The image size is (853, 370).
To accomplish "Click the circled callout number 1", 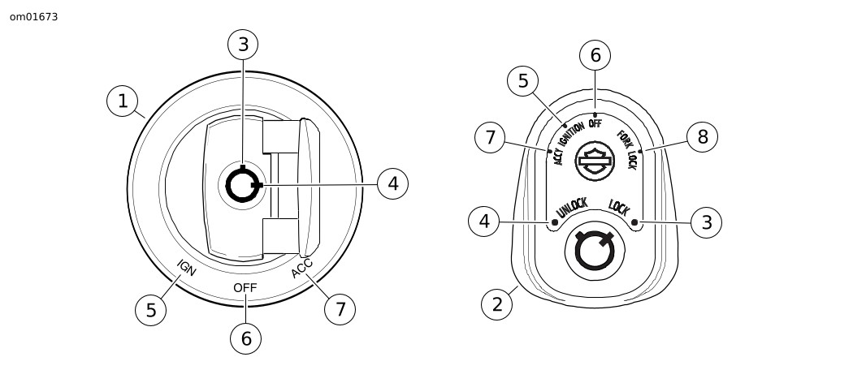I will tap(123, 101).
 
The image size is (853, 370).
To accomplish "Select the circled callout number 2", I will tap(496, 304).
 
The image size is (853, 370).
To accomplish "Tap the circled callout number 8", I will tap(703, 137).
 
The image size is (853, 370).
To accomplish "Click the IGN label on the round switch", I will tap(186, 269).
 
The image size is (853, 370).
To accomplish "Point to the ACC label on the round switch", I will tap(302, 268).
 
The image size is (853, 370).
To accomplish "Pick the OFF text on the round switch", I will tap(245, 288).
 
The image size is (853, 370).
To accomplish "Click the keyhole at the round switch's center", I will tap(243, 186).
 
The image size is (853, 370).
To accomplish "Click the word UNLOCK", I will tap(571, 209).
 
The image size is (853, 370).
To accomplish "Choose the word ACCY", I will tap(559, 153).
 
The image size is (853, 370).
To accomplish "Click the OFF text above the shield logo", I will tap(595, 123).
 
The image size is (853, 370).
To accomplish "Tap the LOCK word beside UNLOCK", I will tap(619, 208).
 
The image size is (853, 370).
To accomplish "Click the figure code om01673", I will tap(33, 16).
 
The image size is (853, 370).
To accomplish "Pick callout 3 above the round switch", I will tap(243, 45).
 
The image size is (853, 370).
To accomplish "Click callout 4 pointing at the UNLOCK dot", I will tap(484, 221).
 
